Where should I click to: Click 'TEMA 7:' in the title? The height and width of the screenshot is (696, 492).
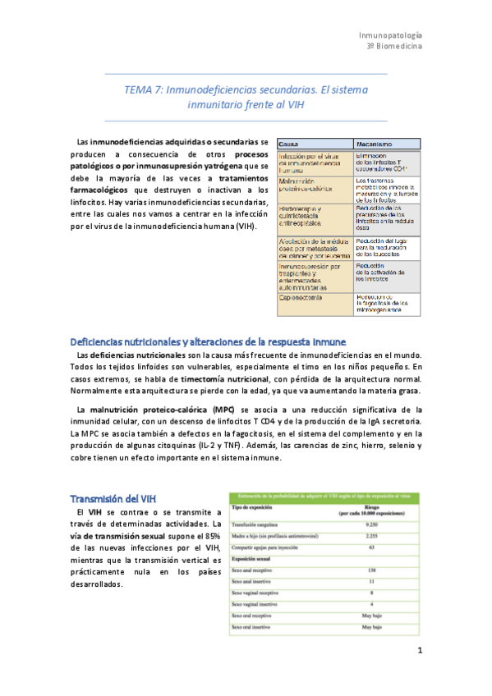[143, 89]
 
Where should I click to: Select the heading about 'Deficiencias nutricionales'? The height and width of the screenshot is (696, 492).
[208, 341]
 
